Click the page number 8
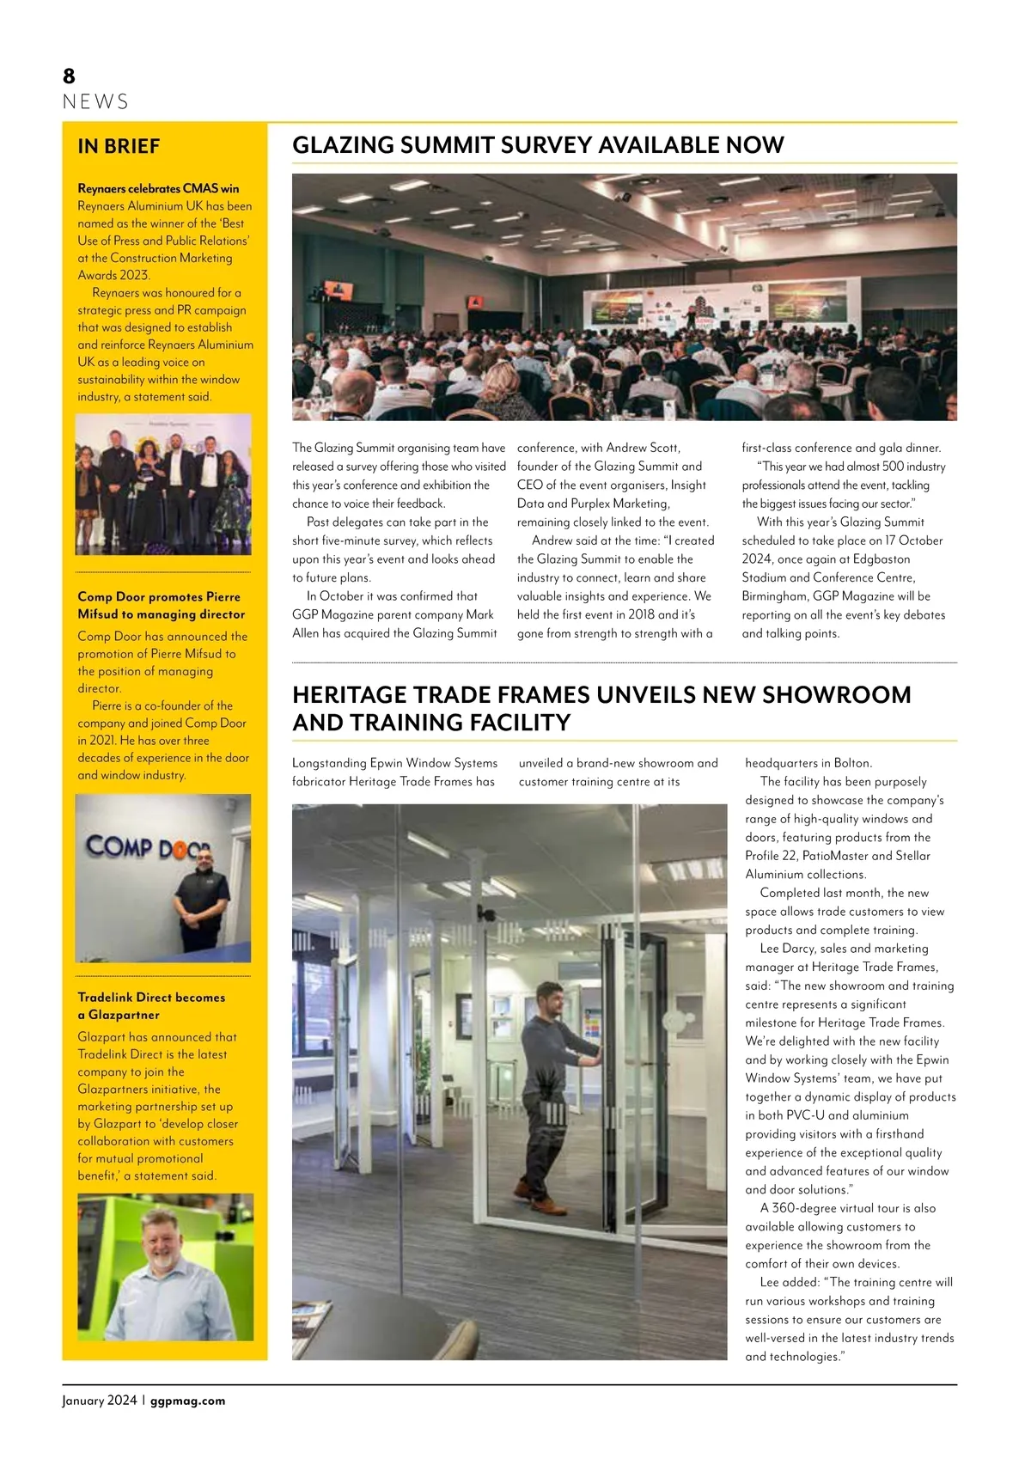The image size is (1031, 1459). pos(69,76)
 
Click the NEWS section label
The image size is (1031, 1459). pos(95,102)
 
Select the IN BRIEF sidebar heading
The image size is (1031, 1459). pos(119,146)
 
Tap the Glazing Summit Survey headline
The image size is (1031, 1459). pos(538,144)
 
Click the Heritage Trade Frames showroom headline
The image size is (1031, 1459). pos(601,708)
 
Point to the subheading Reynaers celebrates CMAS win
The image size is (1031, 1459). pos(158,188)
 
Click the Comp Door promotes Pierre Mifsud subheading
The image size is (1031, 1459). pos(161,605)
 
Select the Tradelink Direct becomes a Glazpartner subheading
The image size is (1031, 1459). pos(151,1005)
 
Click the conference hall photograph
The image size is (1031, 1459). pos(624,296)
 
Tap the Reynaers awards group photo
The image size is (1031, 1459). pos(163,484)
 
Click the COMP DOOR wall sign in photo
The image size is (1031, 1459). pos(147,847)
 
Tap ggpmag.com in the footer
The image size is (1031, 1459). pos(187,1401)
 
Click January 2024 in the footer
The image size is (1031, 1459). pos(99,1401)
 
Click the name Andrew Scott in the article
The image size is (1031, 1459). pos(643,448)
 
